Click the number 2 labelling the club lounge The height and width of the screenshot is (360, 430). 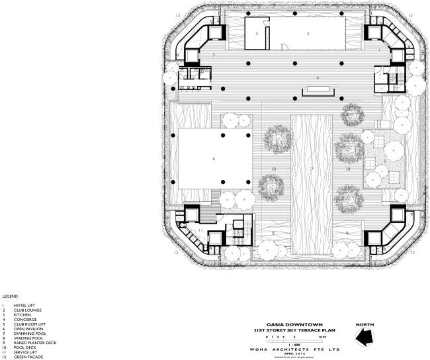(308, 32)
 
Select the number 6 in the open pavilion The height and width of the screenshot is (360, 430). (213, 159)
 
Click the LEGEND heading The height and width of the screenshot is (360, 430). (9, 296)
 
